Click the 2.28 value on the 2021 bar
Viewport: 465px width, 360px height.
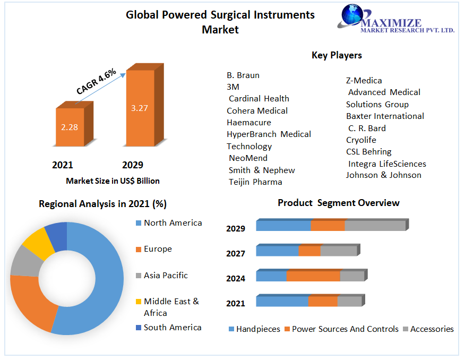click(x=70, y=127)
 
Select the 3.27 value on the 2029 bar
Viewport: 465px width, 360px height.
click(x=139, y=108)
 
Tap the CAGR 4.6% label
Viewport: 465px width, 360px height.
click(x=96, y=82)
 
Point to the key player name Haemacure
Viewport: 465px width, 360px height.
click(x=249, y=123)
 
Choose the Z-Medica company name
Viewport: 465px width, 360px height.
click(x=364, y=81)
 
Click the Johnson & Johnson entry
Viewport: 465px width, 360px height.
click(x=383, y=175)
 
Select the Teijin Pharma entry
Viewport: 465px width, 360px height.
click(x=255, y=182)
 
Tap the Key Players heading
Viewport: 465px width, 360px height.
click(x=337, y=55)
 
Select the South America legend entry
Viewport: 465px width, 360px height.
click(x=172, y=328)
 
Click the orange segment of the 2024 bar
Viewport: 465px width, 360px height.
click(x=313, y=276)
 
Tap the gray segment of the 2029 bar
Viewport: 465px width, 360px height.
click(x=375, y=225)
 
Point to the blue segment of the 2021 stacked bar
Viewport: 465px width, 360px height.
click(x=282, y=302)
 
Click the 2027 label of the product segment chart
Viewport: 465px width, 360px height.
click(x=236, y=254)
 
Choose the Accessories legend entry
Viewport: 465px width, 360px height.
click(x=432, y=329)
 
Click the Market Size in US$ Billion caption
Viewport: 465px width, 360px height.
click(x=113, y=181)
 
